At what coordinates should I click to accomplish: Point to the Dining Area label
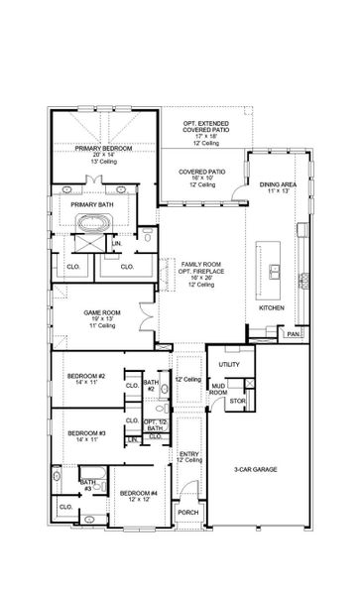277,185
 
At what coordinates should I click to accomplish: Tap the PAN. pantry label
293,334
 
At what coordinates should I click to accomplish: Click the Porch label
187,512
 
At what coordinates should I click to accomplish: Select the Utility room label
229,363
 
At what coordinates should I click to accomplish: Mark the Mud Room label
218,391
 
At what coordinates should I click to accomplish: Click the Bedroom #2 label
87,377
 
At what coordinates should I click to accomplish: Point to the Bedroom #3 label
87,433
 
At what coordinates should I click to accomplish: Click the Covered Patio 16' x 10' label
201,172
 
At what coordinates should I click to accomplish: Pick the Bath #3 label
87,486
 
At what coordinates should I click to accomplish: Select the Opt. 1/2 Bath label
153,425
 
